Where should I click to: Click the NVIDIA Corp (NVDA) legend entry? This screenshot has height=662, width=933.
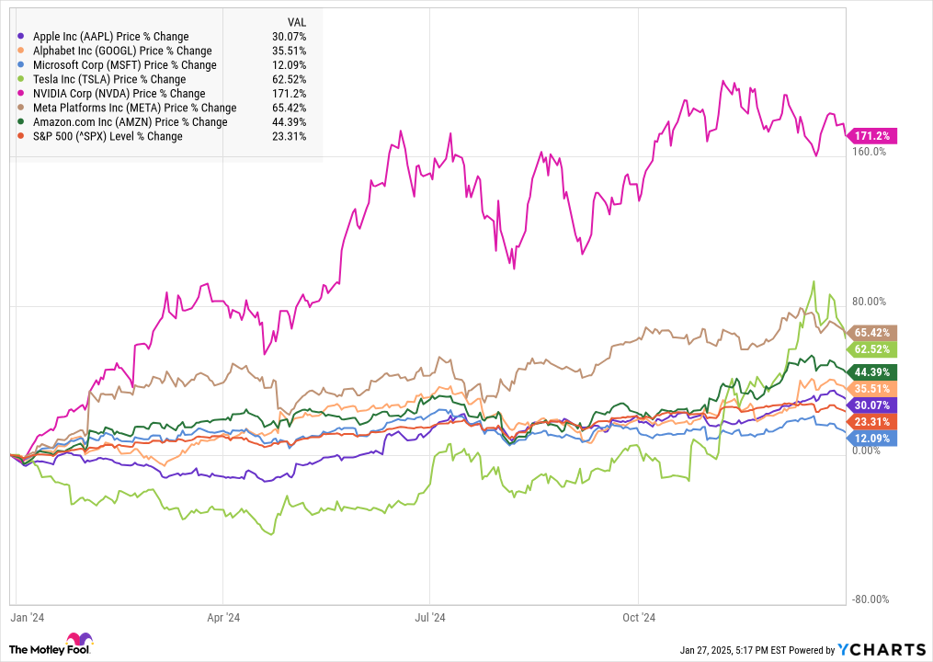(x=119, y=94)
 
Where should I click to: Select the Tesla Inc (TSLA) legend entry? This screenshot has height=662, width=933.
(x=108, y=79)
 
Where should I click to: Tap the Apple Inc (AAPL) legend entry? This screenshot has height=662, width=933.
(x=110, y=37)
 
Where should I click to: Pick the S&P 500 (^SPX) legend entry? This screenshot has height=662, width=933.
(x=107, y=136)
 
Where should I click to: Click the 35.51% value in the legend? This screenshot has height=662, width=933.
(x=291, y=51)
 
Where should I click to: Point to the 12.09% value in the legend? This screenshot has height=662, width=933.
(x=291, y=65)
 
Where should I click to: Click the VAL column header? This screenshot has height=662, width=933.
(x=296, y=22)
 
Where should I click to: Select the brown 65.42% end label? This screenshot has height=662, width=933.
(x=871, y=332)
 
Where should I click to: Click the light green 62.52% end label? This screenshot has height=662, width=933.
(x=871, y=349)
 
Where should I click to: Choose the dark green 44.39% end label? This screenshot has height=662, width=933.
(x=871, y=371)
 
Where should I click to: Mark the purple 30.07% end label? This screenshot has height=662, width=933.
(x=871, y=405)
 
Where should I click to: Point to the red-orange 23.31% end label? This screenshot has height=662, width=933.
(x=871, y=420)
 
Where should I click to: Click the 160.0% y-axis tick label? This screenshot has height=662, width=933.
(x=870, y=152)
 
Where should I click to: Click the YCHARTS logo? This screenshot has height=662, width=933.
(x=880, y=648)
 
